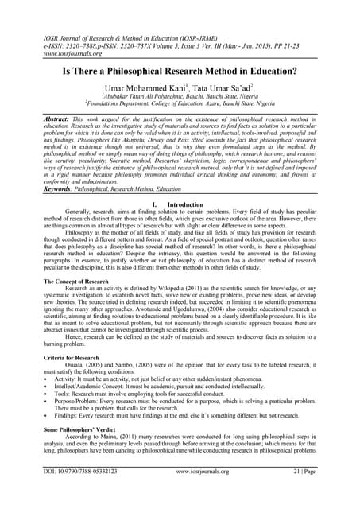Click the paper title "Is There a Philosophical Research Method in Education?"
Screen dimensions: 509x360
tap(180, 71)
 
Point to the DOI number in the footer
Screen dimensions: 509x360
tap(80, 493)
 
